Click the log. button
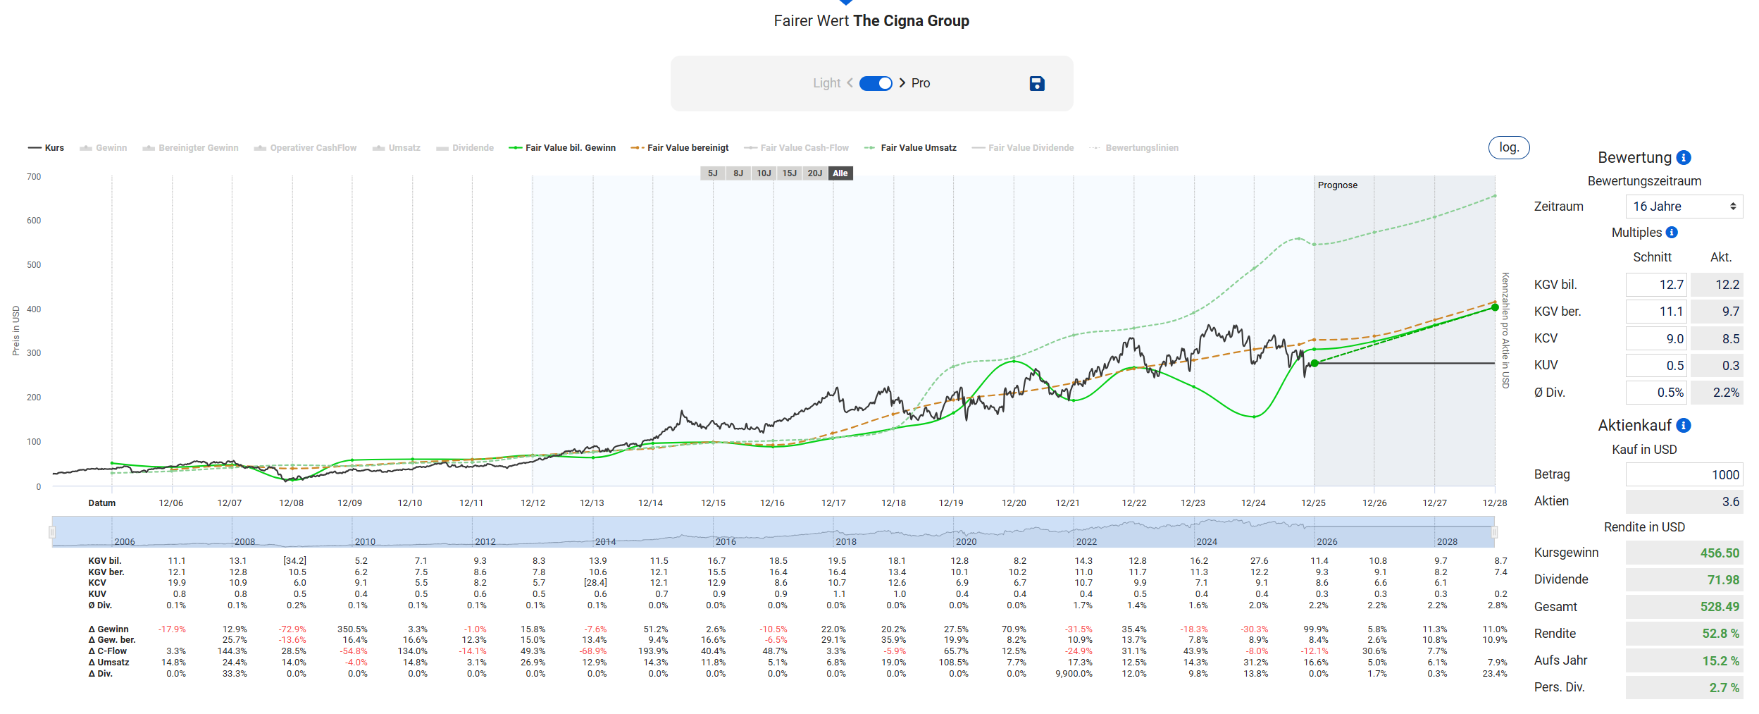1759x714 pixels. click(x=1508, y=147)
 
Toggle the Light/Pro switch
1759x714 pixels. click(x=876, y=83)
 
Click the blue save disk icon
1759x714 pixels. click(x=1037, y=83)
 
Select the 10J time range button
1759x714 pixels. click(x=764, y=173)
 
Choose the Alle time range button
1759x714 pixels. click(x=840, y=173)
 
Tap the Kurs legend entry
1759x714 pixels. click(x=46, y=148)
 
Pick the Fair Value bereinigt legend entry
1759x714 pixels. click(x=680, y=148)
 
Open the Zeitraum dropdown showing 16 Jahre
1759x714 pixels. click(x=1684, y=207)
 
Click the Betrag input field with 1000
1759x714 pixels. click(x=1684, y=475)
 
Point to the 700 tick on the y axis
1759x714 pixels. click(x=34, y=177)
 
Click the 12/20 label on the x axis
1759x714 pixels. click(x=1014, y=503)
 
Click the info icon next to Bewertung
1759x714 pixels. click(x=1684, y=158)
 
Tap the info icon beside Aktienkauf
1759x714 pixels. click(x=1684, y=426)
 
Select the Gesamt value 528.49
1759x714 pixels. click(x=1720, y=607)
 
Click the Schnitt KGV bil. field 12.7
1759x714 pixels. click(x=1656, y=285)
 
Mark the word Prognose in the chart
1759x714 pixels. click(x=1338, y=185)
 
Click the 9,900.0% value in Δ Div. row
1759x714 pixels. click(x=1074, y=674)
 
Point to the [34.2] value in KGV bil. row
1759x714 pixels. click(x=294, y=561)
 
